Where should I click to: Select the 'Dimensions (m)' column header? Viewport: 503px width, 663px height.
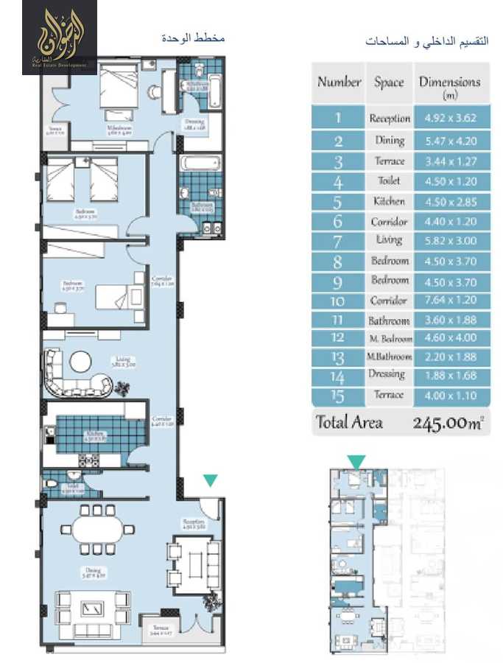[449, 86]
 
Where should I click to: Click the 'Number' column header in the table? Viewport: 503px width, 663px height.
[339, 82]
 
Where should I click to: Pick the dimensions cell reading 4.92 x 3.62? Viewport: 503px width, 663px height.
[450, 118]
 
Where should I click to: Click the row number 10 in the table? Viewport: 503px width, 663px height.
[339, 301]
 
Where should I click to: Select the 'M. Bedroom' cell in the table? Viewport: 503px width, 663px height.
[389, 339]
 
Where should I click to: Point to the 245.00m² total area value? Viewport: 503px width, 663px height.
[448, 423]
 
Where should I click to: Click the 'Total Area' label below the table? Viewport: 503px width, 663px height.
[349, 423]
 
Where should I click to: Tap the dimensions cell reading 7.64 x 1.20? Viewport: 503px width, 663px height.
[450, 301]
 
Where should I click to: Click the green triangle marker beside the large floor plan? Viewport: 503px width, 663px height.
[211, 480]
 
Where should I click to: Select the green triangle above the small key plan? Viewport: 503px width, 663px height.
[356, 462]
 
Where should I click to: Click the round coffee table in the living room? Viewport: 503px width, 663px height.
[81, 360]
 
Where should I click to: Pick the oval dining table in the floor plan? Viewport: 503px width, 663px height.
[98, 529]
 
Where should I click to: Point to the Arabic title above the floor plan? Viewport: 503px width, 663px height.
[193, 38]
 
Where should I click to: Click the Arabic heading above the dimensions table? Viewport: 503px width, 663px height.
[427, 41]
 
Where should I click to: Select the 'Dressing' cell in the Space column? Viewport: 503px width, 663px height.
[389, 374]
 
